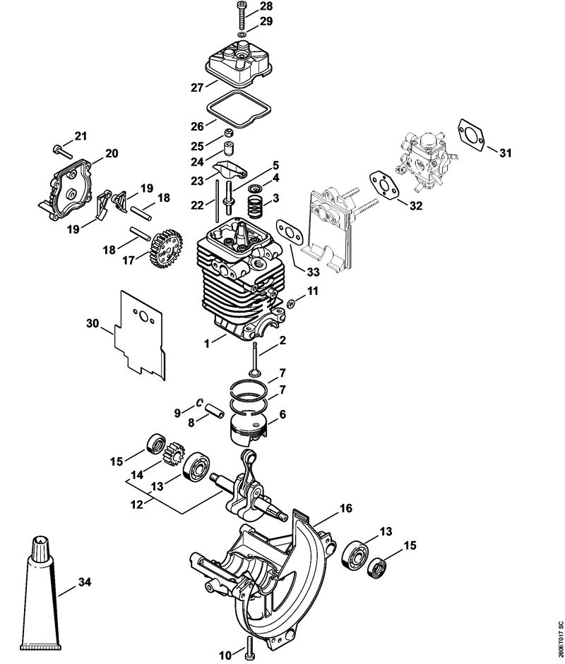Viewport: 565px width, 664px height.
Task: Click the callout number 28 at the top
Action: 246,7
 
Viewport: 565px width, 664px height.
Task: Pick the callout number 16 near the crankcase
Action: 345,507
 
